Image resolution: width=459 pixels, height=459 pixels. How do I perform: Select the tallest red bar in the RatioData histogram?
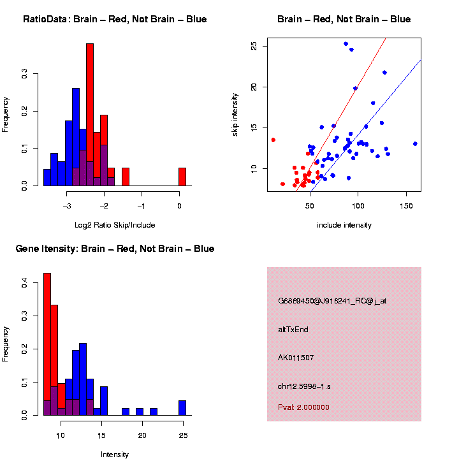click(x=90, y=115)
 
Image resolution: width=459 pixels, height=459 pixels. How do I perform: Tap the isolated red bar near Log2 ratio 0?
click(x=182, y=177)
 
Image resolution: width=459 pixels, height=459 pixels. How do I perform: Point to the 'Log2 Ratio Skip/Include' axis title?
click(x=115, y=225)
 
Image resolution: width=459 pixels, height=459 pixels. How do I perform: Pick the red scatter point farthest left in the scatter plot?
click(x=273, y=140)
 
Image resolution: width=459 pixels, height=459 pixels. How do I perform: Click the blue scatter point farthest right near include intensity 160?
click(x=415, y=144)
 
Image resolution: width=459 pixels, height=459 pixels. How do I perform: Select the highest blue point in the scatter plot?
click(x=346, y=44)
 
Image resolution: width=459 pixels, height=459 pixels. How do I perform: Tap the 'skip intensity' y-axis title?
click(x=235, y=115)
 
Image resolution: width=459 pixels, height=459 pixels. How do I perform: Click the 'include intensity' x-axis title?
click(x=344, y=225)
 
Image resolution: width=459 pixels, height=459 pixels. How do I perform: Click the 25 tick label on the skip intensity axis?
click(x=254, y=46)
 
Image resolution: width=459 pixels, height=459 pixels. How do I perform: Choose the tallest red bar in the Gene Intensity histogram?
click(x=47, y=344)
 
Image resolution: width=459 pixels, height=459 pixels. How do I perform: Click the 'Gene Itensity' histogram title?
click(x=115, y=249)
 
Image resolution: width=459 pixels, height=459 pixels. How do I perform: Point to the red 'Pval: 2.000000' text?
click(x=304, y=407)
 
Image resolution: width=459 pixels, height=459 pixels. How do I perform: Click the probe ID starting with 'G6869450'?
click(x=332, y=301)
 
